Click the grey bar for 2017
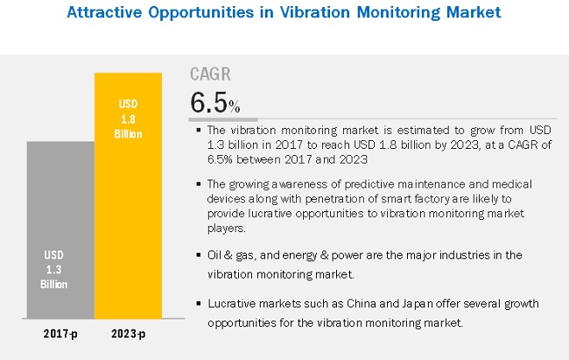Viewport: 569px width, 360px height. click(60, 236)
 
